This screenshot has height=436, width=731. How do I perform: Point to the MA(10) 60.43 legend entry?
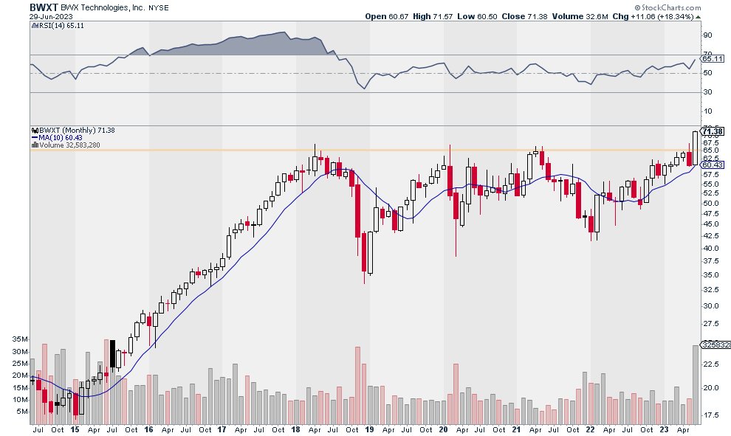(58, 137)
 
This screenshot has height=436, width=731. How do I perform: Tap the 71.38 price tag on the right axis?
(713, 131)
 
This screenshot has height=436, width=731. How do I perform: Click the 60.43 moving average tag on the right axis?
(713, 165)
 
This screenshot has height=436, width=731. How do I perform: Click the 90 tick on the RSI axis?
(707, 35)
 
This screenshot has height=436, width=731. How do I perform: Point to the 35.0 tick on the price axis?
(710, 274)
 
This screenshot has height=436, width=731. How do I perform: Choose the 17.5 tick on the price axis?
(710, 415)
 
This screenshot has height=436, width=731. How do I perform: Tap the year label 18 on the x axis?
(296, 429)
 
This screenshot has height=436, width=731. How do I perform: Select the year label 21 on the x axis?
(518, 429)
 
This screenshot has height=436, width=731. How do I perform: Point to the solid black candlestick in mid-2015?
(113, 353)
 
